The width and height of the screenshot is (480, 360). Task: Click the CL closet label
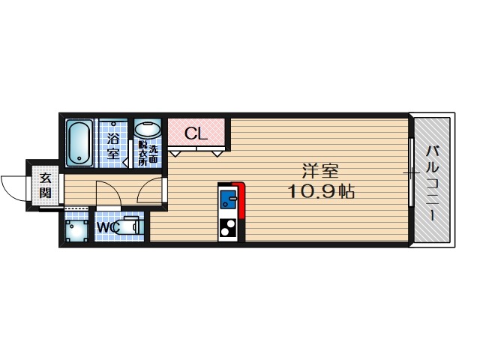click(196, 133)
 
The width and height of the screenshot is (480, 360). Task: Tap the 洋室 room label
click(320, 171)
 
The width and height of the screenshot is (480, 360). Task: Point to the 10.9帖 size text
click(320, 192)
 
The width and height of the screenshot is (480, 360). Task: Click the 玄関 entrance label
click(45, 185)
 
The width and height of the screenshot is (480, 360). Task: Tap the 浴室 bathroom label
click(113, 147)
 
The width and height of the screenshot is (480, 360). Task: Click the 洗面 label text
click(153, 154)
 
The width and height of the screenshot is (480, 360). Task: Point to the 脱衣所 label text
click(142, 153)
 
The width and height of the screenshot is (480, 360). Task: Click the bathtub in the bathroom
click(79, 143)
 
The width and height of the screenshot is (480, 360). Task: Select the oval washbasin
click(148, 130)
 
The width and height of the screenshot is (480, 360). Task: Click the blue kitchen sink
click(229, 199)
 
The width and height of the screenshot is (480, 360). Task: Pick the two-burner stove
click(228, 228)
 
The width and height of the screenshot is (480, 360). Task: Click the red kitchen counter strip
click(240, 199)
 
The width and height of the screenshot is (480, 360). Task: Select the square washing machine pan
click(76, 230)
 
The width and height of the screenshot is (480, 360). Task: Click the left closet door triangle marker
click(175, 153)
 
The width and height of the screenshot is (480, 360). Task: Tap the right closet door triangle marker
click(217, 153)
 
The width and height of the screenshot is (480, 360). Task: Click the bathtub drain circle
click(79, 158)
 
